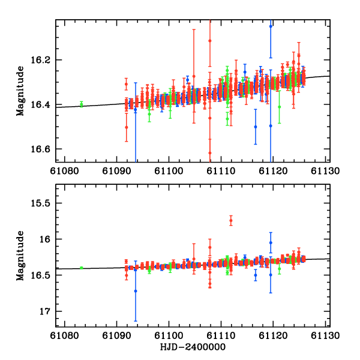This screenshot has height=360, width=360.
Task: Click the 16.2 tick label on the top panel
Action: pyautogui.click(x=43, y=61)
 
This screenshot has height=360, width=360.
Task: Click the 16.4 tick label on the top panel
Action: pyautogui.click(x=43, y=105)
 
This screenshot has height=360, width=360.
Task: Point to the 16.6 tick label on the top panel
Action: pyautogui.click(x=43, y=149)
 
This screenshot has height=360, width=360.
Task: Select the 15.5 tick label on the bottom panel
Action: pyautogui.click(x=43, y=203)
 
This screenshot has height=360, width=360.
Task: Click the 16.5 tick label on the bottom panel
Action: pyautogui.click(x=43, y=275)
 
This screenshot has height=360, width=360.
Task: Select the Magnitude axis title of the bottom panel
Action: pyautogui.click(x=20, y=256)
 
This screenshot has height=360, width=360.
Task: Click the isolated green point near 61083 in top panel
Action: pyautogui.click(x=82, y=104)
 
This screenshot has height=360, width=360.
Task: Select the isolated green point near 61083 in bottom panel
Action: pyautogui.click(x=82, y=268)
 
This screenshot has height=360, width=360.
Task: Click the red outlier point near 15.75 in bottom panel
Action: pyautogui.click(x=231, y=221)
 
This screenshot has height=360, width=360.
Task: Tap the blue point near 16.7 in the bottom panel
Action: pyautogui.click(x=136, y=291)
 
